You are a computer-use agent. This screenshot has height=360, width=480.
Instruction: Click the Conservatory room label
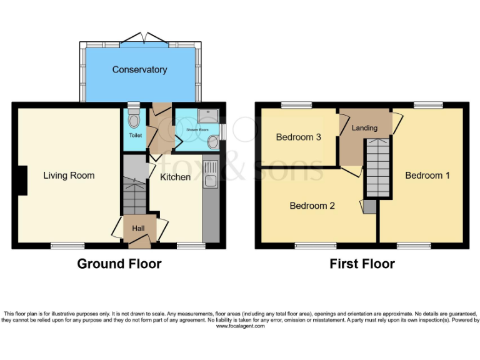click(x=139, y=69)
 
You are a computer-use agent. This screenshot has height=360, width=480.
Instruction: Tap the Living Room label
click(x=69, y=175)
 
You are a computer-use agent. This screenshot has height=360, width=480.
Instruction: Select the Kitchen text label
click(x=175, y=177)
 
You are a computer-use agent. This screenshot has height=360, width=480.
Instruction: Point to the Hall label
click(x=138, y=229)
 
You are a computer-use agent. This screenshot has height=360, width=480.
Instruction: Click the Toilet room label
click(x=135, y=135)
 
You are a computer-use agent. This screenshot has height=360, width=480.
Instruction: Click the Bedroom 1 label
click(x=427, y=175)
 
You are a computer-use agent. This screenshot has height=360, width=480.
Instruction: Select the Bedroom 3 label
click(x=299, y=137)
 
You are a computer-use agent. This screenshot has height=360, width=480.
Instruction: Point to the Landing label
click(x=364, y=127)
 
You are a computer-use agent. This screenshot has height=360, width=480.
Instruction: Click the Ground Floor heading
click(x=119, y=264)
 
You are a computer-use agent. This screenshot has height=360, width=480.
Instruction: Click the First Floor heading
click(x=362, y=264)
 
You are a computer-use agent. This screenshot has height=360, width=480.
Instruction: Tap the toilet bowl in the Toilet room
click(x=132, y=121)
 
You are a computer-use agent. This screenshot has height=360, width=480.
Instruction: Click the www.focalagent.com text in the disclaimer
click(x=240, y=326)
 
